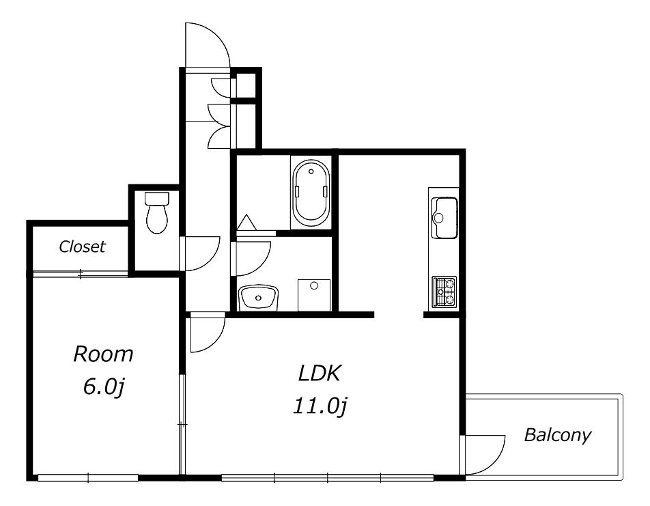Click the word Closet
pos(82,247)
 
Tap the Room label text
pos(103,354)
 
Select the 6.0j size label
pos(104,387)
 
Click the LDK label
pos(320,374)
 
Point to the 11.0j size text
pos(320,406)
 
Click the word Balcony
pos(558,435)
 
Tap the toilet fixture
pos(157,212)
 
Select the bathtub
pos(311,193)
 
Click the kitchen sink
pos(444,218)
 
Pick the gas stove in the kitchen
pos(444,292)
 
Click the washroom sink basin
pos(259,297)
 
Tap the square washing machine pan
pos(314,295)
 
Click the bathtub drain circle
pos(311,171)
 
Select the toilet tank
pos(157,198)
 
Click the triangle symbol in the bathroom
pos(247,222)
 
